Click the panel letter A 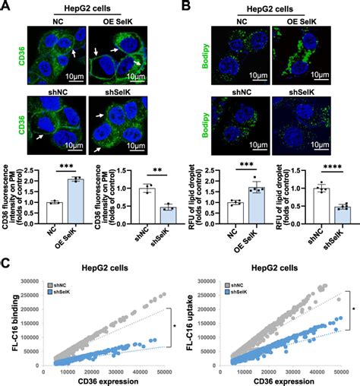[x=6, y=7]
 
